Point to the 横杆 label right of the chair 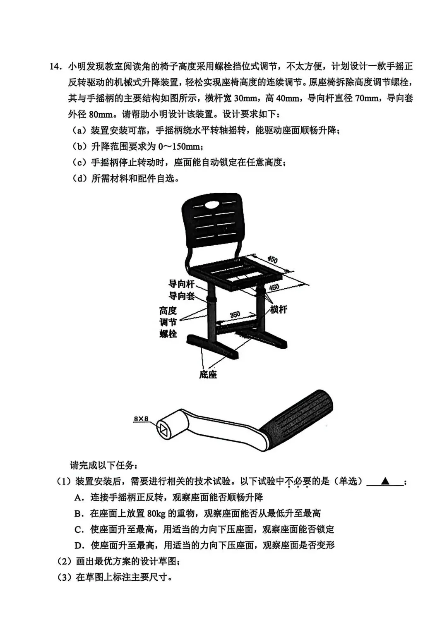click(x=279, y=309)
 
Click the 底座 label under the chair click(x=208, y=374)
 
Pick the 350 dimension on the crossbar click(x=235, y=314)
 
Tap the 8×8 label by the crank click(x=141, y=419)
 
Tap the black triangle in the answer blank click(x=385, y=481)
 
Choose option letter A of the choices click(x=79, y=498)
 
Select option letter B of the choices click(x=79, y=514)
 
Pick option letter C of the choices click(x=79, y=529)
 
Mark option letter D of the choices click(x=79, y=545)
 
